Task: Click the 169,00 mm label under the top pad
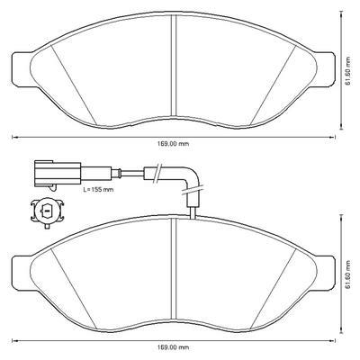pyautogui.click(x=174, y=144)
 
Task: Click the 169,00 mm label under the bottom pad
pyautogui.click(x=174, y=347)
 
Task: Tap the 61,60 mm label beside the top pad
pyautogui.click(x=347, y=71)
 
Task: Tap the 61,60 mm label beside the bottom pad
pyautogui.click(x=347, y=274)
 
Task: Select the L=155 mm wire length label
pyautogui.click(x=98, y=190)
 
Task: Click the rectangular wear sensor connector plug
pyautogui.click(x=58, y=174)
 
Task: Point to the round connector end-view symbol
pyautogui.click(x=47, y=211)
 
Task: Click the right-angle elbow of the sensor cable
pyautogui.click(x=188, y=176)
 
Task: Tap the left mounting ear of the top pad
pyautogui.click(x=22, y=70)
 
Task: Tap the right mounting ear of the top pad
pyautogui.click(x=325, y=70)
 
